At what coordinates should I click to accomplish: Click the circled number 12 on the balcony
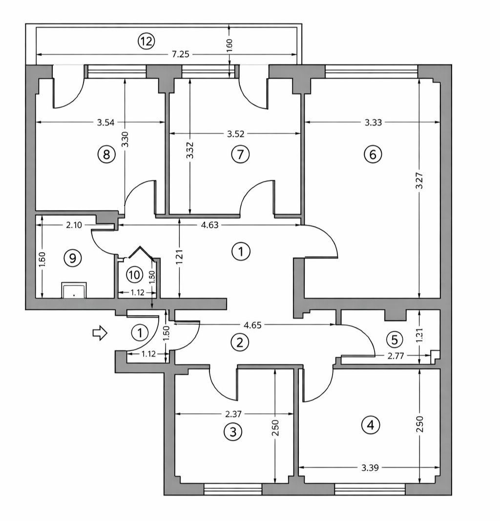click(x=145, y=42)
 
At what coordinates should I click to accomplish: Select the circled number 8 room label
click(x=106, y=155)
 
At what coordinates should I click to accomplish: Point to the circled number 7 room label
click(x=240, y=155)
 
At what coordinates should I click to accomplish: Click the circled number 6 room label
click(x=373, y=155)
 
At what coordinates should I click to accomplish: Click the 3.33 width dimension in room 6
click(x=373, y=123)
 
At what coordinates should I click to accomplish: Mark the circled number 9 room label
click(x=73, y=258)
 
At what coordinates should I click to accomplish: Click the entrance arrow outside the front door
click(x=100, y=333)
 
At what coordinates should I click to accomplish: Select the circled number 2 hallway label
click(x=239, y=342)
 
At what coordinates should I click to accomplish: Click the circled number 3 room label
click(x=233, y=432)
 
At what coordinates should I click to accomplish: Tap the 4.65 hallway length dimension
click(x=252, y=324)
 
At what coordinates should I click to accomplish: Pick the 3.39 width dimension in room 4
click(x=370, y=468)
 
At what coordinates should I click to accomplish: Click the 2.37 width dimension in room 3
click(x=234, y=414)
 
